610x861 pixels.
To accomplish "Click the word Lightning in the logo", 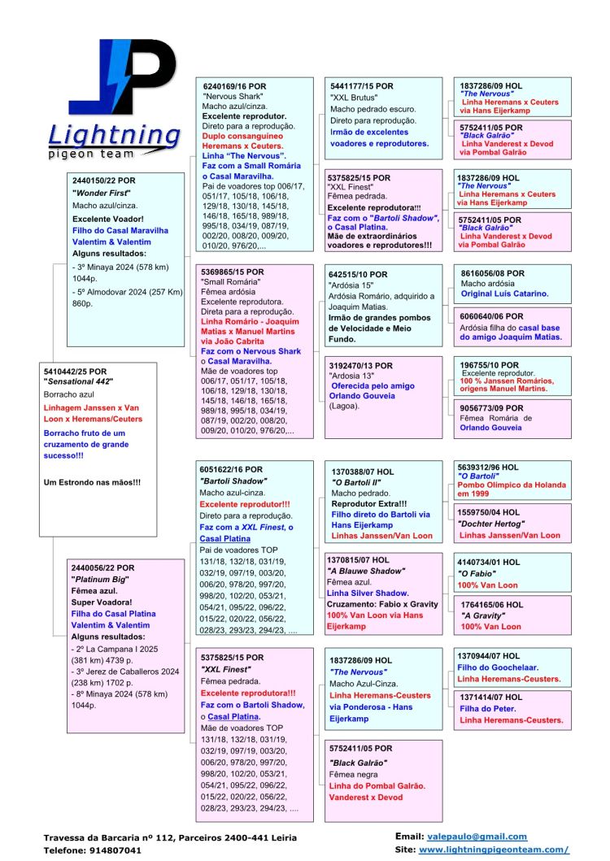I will pyautogui.click(x=114, y=135).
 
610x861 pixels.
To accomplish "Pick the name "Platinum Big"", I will pyautogui.click(x=100, y=579).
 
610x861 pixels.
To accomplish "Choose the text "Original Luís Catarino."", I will pyautogui.click(x=504, y=293).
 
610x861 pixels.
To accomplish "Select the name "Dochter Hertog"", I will pyautogui.click(x=492, y=524).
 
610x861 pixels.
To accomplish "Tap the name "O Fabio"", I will pyautogui.click(x=477, y=573).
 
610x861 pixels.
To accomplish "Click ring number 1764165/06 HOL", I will pyautogui.click(x=492, y=605).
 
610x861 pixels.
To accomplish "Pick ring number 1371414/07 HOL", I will pyautogui.click(x=491, y=697).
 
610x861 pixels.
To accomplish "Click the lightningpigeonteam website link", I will pyautogui.click(x=494, y=849).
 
